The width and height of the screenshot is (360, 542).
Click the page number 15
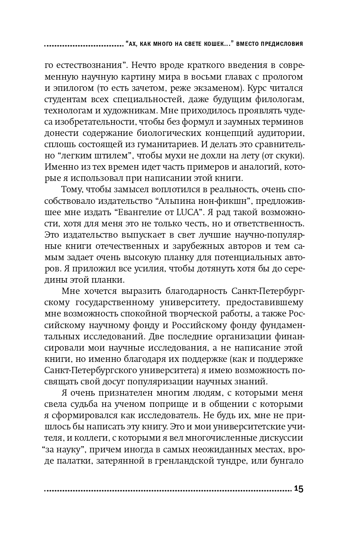click(298, 489)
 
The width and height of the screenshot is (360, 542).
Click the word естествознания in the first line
click(86, 66)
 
